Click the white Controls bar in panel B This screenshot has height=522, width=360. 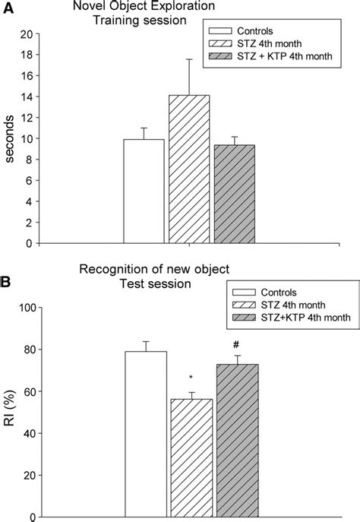click(x=145, y=434)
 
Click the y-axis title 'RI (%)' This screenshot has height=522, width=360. click(x=10, y=412)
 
